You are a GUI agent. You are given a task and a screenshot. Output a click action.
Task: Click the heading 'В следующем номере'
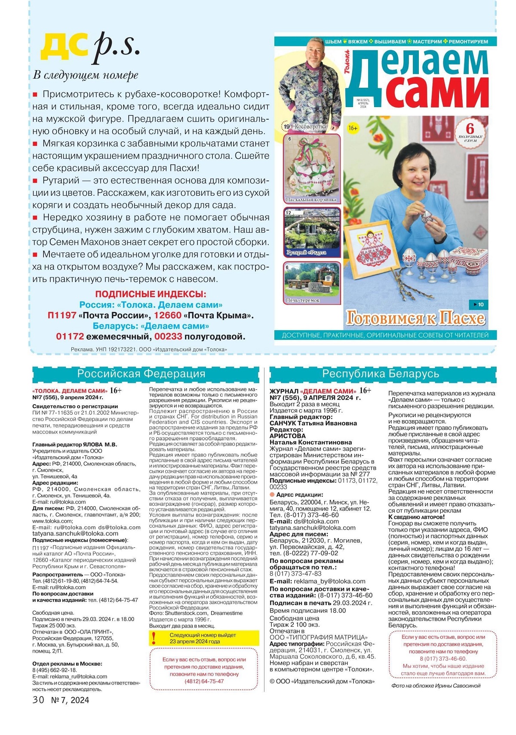click(x=86, y=75)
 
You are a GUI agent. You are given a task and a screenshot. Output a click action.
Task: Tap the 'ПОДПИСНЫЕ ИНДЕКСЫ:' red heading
click(x=150, y=294)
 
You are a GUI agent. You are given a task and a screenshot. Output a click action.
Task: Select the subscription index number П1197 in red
click(x=62, y=315)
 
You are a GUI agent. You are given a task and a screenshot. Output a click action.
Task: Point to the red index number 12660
click(x=168, y=315)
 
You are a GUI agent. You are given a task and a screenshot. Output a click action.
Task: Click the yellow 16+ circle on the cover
click(x=353, y=128)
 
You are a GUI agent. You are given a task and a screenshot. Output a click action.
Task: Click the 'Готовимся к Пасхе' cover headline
click(x=415, y=319)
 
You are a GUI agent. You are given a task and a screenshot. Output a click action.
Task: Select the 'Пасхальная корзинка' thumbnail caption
click(x=311, y=200)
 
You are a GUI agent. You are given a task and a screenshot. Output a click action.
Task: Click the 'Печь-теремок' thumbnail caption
click(x=303, y=300)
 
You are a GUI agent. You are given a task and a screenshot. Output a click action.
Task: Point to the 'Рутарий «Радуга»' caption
click(x=307, y=252)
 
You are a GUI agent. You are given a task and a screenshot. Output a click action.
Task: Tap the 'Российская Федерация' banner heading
click(x=141, y=374)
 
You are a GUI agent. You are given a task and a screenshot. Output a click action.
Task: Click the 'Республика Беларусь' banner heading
click(x=381, y=374)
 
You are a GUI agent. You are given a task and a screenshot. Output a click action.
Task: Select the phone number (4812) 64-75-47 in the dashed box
click(x=204, y=681)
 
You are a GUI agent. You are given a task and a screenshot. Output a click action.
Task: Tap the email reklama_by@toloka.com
click(x=329, y=581)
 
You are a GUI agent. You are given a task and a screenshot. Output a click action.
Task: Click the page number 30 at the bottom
click(x=38, y=700)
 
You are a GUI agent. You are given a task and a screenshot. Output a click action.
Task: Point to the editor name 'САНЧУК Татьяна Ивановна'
click(x=313, y=423)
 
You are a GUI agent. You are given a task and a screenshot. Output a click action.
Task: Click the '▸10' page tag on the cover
click(x=478, y=304)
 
